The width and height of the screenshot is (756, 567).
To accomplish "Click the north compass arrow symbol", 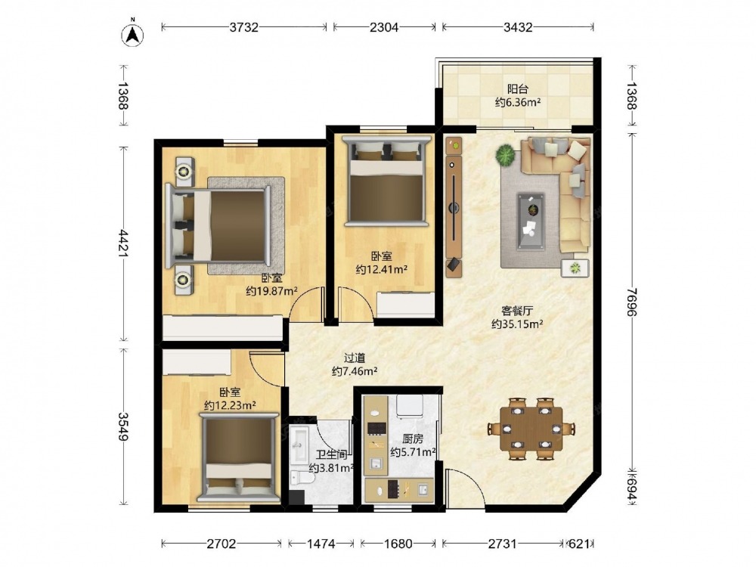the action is (132, 34).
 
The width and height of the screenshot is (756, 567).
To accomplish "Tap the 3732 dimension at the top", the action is (244, 27).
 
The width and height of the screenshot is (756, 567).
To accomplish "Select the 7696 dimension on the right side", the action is (631, 302).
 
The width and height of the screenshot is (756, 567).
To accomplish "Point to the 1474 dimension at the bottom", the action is (321, 544).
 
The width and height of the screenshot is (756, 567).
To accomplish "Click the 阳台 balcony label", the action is (517, 89).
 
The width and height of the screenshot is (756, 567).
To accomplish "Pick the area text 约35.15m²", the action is (517, 324).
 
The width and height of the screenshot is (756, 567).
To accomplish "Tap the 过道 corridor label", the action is (355, 358).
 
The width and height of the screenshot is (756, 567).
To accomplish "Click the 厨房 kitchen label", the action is (413, 438).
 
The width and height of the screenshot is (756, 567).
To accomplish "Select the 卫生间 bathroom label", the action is (332, 454).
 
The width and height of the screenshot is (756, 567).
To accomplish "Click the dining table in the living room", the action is (531, 428).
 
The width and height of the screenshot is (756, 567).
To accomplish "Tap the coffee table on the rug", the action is (531, 222).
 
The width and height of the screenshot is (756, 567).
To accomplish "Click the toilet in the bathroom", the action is (302, 478).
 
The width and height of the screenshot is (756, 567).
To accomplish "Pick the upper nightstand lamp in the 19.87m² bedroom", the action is (183, 171).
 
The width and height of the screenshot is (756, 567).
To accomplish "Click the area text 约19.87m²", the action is (271, 291).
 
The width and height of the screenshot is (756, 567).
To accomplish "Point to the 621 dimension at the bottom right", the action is (578, 544).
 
